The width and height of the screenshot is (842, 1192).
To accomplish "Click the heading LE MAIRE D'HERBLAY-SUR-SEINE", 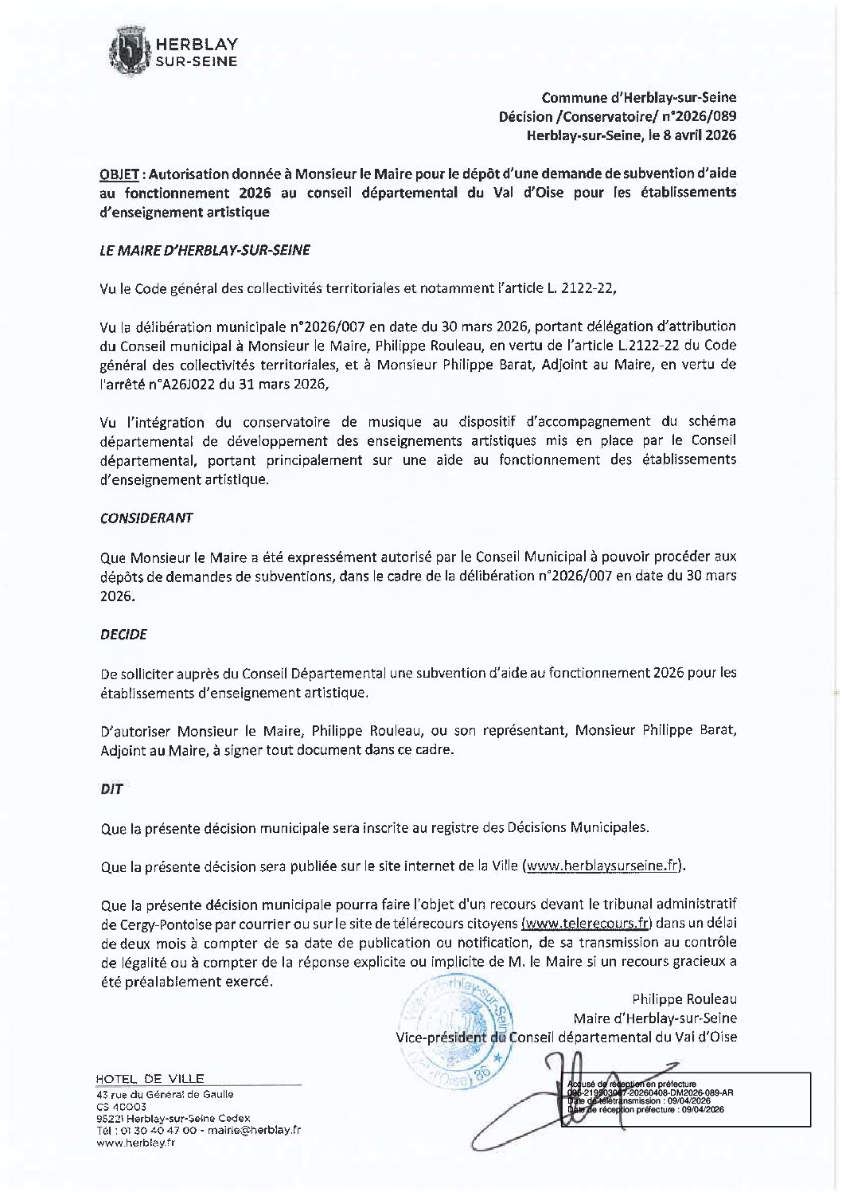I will (205, 250).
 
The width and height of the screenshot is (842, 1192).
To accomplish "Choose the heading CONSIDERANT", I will (146, 518).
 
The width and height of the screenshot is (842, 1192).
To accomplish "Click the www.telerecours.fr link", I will (587, 924).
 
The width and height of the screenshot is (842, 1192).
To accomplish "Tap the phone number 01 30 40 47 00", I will (162, 1130).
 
